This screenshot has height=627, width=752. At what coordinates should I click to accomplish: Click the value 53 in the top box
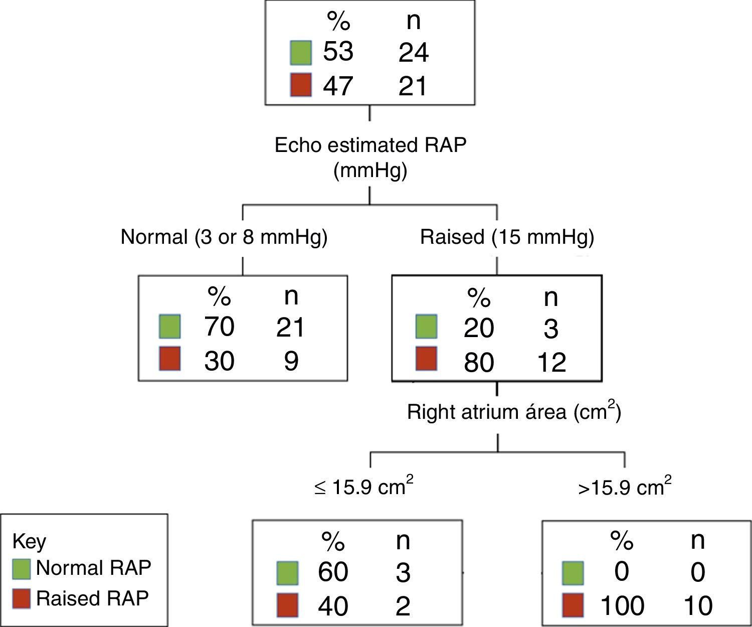338,52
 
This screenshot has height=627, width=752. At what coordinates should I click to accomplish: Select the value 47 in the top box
338,85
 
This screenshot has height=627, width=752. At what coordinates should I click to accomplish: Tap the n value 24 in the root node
413,53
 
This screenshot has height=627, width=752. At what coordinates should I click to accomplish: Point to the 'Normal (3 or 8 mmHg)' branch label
224,237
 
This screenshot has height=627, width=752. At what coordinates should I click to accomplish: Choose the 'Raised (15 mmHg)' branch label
507,237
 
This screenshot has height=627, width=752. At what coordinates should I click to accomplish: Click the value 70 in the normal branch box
219,327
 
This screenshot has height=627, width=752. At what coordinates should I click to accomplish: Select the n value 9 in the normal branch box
291,361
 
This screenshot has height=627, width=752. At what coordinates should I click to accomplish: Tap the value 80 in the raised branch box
479,362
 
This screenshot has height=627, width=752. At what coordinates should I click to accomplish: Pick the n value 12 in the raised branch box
550,362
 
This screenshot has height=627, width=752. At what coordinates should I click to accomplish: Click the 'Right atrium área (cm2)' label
513,412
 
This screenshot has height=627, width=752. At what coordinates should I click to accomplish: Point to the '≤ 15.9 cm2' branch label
364,487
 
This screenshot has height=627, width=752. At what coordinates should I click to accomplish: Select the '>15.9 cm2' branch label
625,487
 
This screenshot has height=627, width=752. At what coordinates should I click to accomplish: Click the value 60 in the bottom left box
333,572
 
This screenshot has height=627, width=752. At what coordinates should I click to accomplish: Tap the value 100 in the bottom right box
622,605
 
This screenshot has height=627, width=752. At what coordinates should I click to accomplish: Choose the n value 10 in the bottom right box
698,605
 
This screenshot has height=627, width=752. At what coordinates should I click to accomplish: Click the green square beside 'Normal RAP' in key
22,568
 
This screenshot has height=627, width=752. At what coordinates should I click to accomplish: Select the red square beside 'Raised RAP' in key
22,598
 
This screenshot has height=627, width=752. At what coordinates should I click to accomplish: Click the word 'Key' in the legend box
29,541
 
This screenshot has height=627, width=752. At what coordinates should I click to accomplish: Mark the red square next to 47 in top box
301,84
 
